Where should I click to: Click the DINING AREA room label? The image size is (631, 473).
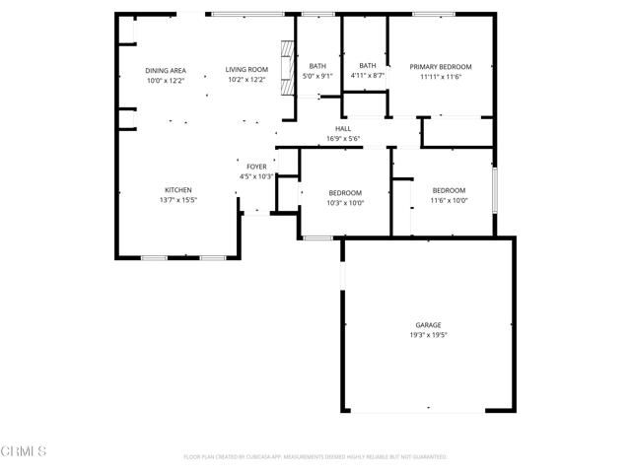tap(166, 70)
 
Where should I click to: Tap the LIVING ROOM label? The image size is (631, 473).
tap(246, 70)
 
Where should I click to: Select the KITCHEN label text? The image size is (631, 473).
tap(177, 189)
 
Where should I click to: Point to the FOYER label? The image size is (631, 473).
tap(256, 167)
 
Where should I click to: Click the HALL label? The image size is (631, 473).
tap(343, 129)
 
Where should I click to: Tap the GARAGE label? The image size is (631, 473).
tap(428, 324)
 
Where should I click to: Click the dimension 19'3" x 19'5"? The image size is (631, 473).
tap(428, 334)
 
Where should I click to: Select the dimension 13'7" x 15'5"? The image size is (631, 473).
tap(177, 199)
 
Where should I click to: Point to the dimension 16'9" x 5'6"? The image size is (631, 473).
tap(343, 139)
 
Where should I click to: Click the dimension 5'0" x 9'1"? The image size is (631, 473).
tap(317, 76)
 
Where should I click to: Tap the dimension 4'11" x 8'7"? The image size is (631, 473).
tap(368, 76)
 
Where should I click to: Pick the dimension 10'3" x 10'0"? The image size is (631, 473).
tap(345, 203)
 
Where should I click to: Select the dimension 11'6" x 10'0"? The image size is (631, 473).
tap(449, 200)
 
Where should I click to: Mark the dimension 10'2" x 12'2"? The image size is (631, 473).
tap(246, 80)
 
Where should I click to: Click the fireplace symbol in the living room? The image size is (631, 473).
tap(288, 67)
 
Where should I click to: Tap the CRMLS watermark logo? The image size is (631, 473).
tap(24, 452)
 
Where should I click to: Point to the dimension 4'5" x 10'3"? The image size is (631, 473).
tap(256, 176)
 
